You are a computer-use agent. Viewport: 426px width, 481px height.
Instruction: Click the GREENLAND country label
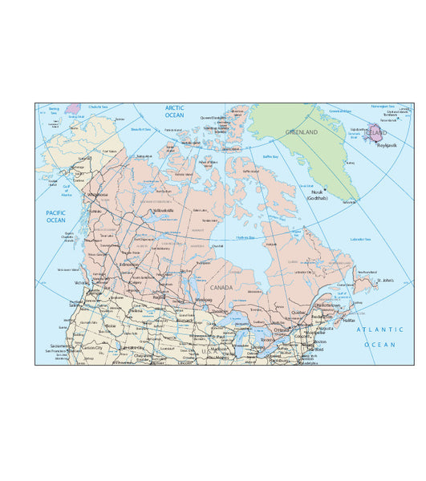302,132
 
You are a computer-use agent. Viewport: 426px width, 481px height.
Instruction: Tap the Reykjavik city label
387,145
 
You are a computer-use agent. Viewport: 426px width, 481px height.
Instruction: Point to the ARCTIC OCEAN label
174,111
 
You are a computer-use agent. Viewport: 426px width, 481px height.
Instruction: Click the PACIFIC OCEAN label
55,216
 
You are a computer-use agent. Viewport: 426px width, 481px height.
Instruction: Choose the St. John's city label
387,281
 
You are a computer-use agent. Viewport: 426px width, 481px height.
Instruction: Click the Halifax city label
349,320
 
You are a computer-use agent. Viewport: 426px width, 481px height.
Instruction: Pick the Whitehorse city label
98,194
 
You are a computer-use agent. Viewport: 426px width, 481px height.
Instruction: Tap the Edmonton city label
128,265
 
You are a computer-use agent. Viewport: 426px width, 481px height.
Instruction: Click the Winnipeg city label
204,300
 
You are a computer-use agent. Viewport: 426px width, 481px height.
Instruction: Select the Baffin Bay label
270,156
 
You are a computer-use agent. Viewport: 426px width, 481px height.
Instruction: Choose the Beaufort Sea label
141,128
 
